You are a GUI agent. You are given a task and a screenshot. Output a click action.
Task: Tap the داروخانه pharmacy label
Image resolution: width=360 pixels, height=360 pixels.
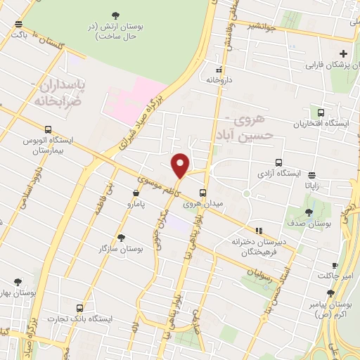coord(219,81)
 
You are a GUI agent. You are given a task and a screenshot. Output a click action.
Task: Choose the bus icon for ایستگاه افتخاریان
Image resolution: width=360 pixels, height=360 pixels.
coord(321,112)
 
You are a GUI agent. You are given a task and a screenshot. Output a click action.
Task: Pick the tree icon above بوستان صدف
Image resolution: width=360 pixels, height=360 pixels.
coord(309,212)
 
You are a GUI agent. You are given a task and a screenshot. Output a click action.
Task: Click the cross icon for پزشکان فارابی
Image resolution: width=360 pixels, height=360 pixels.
coord(343,54)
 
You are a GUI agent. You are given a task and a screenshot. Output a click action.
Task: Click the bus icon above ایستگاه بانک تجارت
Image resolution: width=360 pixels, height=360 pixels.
coord(79,307)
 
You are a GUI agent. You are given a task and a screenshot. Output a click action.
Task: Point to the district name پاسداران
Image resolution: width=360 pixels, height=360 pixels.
coord(53,85)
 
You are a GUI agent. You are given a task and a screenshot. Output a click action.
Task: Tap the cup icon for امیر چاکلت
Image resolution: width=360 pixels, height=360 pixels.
coord(335,265)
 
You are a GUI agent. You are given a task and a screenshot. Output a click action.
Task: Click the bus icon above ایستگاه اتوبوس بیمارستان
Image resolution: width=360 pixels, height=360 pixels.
coord(48,129)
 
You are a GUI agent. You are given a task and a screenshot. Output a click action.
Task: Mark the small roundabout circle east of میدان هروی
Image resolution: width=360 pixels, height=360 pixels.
coord(246,193)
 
